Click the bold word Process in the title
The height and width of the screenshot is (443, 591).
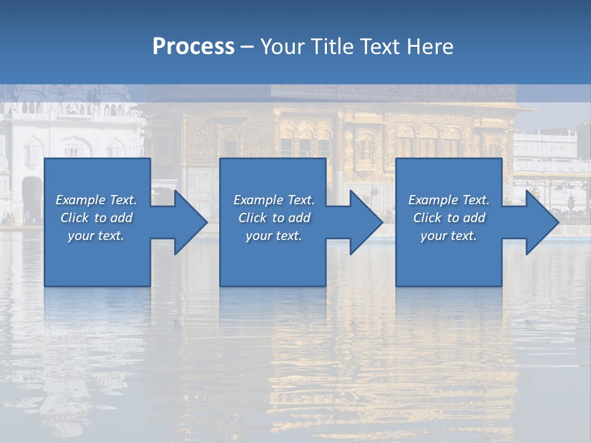[193, 47]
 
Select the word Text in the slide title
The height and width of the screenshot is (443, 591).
[380, 47]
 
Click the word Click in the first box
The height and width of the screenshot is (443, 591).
[74, 218]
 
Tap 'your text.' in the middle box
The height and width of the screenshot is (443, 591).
[273, 236]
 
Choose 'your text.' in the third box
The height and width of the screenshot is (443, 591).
[448, 236]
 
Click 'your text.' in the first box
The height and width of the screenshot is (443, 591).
[96, 236]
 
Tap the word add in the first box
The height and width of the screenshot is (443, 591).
[122, 218]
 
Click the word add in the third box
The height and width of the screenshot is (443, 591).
[475, 218]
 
